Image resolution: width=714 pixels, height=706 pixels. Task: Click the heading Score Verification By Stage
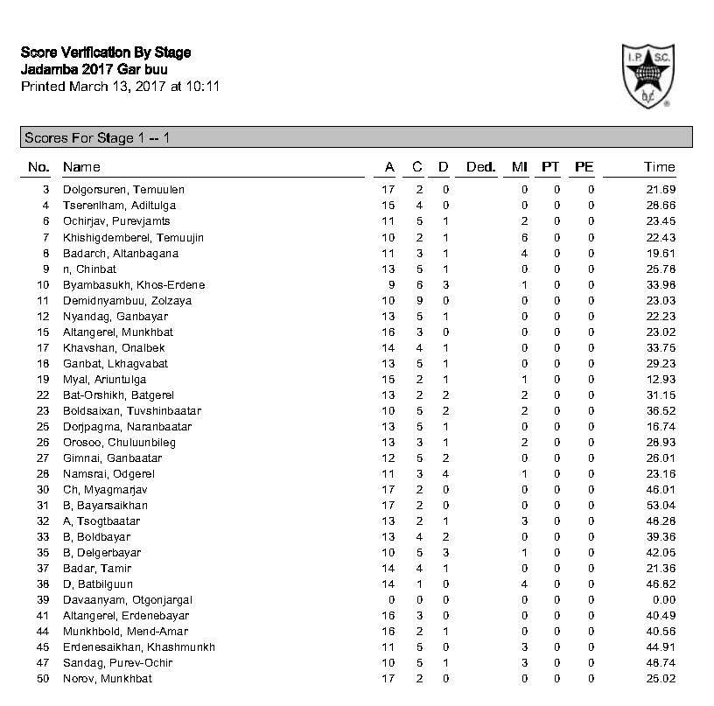click(105, 52)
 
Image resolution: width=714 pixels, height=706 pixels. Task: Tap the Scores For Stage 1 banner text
click(97, 138)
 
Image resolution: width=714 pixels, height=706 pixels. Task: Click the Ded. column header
click(480, 167)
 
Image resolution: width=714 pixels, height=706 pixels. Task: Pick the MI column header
click(519, 167)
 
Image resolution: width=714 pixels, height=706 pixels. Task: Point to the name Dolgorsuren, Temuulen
click(123, 190)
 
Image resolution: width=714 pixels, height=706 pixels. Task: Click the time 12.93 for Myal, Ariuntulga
click(661, 380)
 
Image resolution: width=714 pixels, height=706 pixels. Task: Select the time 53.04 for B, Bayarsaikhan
click(661, 506)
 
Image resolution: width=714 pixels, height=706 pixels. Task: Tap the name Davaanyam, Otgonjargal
click(128, 600)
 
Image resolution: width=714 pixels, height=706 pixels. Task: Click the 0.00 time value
click(664, 600)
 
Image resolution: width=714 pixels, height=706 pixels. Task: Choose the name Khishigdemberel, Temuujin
click(133, 238)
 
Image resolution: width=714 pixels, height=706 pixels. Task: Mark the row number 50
click(43, 679)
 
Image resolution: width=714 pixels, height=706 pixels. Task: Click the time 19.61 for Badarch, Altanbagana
click(661, 254)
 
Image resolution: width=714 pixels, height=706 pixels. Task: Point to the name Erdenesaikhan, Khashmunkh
click(139, 647)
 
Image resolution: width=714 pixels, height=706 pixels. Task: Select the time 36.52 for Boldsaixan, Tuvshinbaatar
click(661, 411)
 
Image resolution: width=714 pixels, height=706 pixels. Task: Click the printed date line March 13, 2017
click(120, 87)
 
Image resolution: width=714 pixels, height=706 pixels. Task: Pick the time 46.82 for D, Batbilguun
click(661, 584)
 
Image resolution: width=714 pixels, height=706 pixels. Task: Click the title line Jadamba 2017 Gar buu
click(94, 69)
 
